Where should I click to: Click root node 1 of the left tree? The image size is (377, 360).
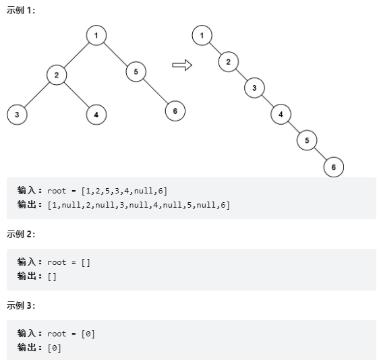point(96,35)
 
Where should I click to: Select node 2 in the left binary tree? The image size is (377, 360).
point(57,75)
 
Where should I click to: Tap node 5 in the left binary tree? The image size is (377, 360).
point(136,71)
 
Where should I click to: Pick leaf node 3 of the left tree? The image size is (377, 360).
point(17,115)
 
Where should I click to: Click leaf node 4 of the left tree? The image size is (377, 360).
point(96,115)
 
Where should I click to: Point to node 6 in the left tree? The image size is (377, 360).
point(175,111)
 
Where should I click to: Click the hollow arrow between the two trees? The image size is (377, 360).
point(182,65)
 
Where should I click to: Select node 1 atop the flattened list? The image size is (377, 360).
point(202,35)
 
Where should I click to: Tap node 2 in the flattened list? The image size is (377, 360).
point(229,62)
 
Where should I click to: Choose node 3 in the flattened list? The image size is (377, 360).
point(254,88)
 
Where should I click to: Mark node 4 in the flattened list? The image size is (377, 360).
point(281,114)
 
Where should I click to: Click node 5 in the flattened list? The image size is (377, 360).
point(307,140)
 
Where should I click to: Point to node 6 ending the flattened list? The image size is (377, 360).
point(333,167)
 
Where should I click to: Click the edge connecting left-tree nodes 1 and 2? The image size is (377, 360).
point(76,55)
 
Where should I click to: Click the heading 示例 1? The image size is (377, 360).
point(21,11)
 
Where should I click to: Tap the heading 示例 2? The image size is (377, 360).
point(21,234)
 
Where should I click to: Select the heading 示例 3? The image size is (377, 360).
point(21,305)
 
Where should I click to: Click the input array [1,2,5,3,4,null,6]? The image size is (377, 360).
point(124,191)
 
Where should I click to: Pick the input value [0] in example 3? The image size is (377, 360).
point(88,334)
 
